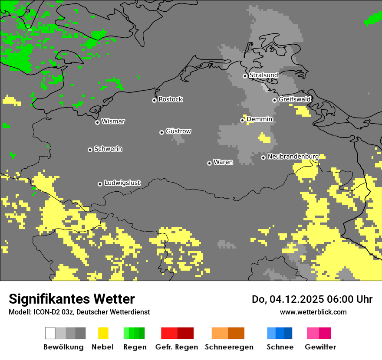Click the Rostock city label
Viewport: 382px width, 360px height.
170,99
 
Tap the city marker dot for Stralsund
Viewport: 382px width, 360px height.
245,76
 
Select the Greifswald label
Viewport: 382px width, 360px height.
294,99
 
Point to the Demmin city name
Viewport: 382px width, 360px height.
259,119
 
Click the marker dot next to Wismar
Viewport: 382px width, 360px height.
97,122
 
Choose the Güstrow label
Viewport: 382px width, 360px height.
178,131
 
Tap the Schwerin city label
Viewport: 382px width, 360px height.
108,149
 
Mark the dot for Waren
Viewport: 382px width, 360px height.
209,163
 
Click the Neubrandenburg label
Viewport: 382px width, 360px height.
293,157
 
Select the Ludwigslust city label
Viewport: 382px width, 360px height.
122,183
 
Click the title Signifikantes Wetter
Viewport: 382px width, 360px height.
72,299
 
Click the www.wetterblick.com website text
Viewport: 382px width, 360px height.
313,312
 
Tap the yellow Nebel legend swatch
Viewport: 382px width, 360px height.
103,333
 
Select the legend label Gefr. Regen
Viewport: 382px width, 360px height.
177,347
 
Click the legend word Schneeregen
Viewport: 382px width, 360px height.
229,347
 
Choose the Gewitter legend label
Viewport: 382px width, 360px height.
320,347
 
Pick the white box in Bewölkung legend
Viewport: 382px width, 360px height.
50,333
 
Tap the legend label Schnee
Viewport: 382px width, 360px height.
280,347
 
